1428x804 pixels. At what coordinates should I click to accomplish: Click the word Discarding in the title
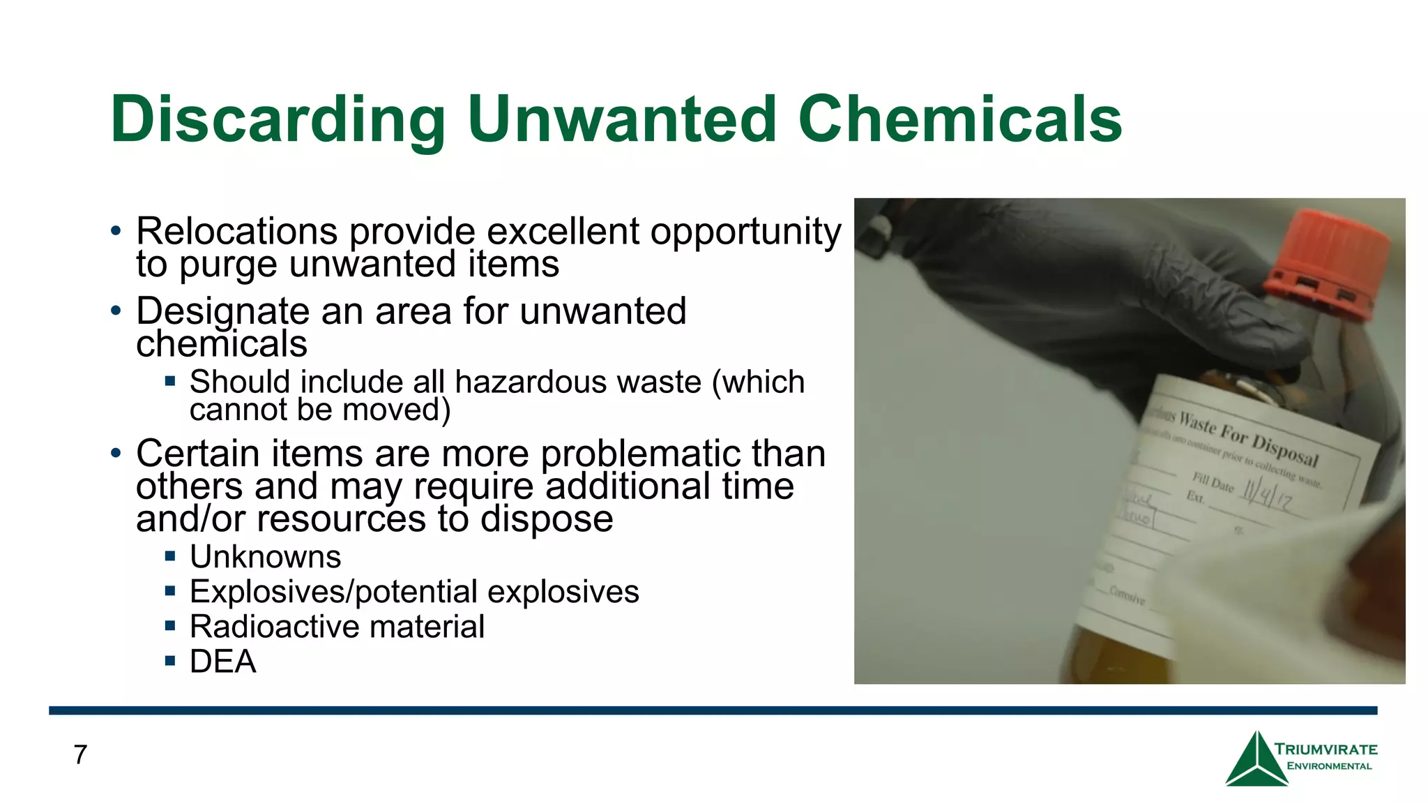[278, 120]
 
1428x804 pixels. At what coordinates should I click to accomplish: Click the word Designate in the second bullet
[221, 311]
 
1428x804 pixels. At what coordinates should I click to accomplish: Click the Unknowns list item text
[265, 557]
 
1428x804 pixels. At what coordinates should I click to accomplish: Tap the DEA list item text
[222, 662]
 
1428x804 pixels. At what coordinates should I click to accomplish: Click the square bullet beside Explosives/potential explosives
[170, 591]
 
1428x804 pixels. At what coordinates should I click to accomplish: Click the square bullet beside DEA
[170, 660]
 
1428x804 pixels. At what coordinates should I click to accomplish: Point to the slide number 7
[80, 754]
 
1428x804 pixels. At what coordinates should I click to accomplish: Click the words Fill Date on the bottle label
[1213, 482]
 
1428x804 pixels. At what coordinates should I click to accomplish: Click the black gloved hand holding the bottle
[1088, 293]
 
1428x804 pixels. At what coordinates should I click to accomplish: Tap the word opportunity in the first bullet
[745, 232]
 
